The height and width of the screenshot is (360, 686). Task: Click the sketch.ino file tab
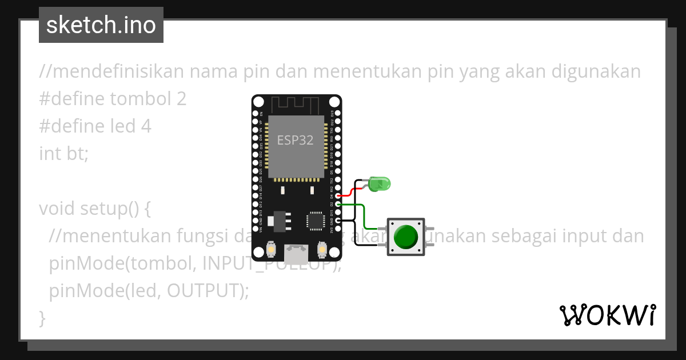click(x=101, y=25)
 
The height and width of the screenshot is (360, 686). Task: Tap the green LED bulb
click(x=379, y=184)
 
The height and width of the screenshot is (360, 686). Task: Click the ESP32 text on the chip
click(x=295, y=140)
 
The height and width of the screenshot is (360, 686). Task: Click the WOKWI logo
click(x=607, y=315)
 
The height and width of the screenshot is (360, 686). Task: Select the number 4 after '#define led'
click(x=146, y=126)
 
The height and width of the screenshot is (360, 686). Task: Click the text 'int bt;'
click(x=64, y=154)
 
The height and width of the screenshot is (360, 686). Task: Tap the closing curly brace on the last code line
click(x=42, y=318)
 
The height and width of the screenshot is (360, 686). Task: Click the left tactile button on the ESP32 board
click(x=272, y=250)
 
